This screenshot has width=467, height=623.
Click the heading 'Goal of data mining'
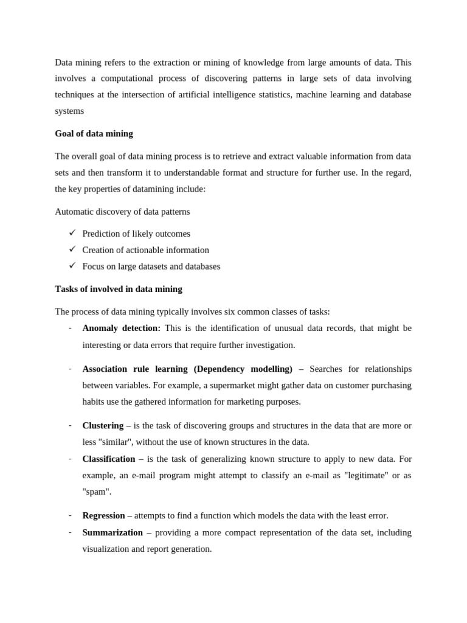tap(94, 133)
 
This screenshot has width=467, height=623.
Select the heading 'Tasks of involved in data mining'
tap(119, 289)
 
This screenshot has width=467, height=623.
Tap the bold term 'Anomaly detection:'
tap(121, 328)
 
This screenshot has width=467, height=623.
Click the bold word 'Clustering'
tap(103, 425)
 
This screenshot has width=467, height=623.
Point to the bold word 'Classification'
tap(108, 459)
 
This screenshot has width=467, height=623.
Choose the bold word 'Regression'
tap(103, 515)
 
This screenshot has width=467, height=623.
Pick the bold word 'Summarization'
tap(112, 532)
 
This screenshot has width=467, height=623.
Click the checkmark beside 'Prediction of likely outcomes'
tap(72, 233)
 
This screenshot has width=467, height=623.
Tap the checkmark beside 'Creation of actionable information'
tap(72, 249)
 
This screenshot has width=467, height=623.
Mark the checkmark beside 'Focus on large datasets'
tap(72, 266)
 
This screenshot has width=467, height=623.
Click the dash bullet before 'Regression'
tap(70, 515)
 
